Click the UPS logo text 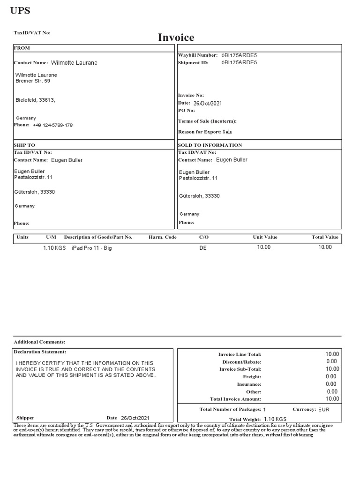(x=20, y=11)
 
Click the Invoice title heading (x=176, y=37)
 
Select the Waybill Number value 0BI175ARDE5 (x=239, y=55)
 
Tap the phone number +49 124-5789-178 (x=52, y=125)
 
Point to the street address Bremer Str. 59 (x=33, y=81)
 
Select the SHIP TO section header (x=24, y=145)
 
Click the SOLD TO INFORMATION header (x=210, y=145)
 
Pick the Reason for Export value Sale (x=227, y=132)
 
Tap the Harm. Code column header (x=163, y=237)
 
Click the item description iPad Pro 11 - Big (x=92, y=248)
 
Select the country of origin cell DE (x=203, y=248)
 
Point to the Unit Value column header (x=265, y=237)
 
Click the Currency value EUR (x=324, y=410)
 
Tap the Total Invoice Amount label (x=235, y=399)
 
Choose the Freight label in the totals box (x=252, y=377)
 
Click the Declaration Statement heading (x=40, y=352)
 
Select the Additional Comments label (x=39, y=342)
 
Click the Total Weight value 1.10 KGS (x=275, y=419)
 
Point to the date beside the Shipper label (x=135, y=418)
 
